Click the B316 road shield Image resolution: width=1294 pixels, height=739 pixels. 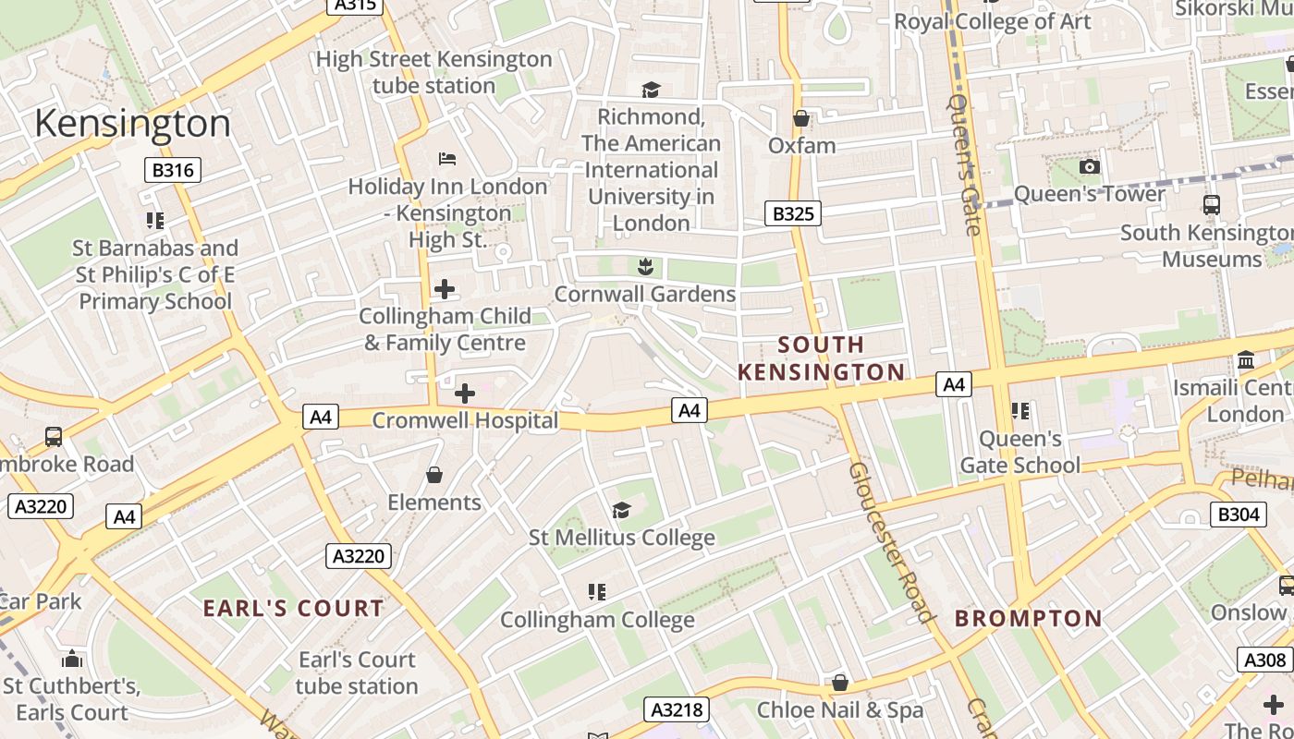click(x=173, y=170)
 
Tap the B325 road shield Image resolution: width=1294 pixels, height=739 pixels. click(x=793, y=214)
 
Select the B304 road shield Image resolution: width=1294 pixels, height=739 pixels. click(x=1238, y=515)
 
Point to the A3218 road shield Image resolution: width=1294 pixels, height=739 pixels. click(x=678, y=709)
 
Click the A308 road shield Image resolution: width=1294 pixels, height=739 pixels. click(x=1264, y=660)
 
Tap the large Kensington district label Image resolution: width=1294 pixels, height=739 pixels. click(x=132, y=123)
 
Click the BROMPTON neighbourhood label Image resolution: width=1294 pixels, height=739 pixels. click(x=1028, y=618)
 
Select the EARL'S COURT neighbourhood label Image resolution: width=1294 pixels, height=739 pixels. click(x=293, y=608)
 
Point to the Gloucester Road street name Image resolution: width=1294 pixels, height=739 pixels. click(x=891, y=542)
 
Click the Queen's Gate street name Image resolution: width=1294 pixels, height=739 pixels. click(x=963, y=164)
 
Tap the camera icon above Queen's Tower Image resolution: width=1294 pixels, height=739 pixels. click(x=1090, y=167)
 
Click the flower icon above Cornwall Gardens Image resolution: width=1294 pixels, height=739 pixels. click(x=645, y=268)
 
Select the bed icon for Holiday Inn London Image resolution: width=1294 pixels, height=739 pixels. click(x=447, y=159)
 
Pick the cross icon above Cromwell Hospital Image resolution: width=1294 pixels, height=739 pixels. click(x=465, y=394)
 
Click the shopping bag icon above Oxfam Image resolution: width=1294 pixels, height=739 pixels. click(x=801, y=119)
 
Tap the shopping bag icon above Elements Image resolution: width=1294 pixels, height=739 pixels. click(x=434, y=476)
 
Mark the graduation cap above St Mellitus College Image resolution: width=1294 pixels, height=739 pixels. click(x=621, y=511)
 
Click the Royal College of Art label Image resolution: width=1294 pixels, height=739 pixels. click(x=992, y=21)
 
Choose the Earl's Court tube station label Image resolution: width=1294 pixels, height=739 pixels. click(x=357, y=672)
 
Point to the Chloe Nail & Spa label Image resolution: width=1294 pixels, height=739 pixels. click(x=839, y=709)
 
